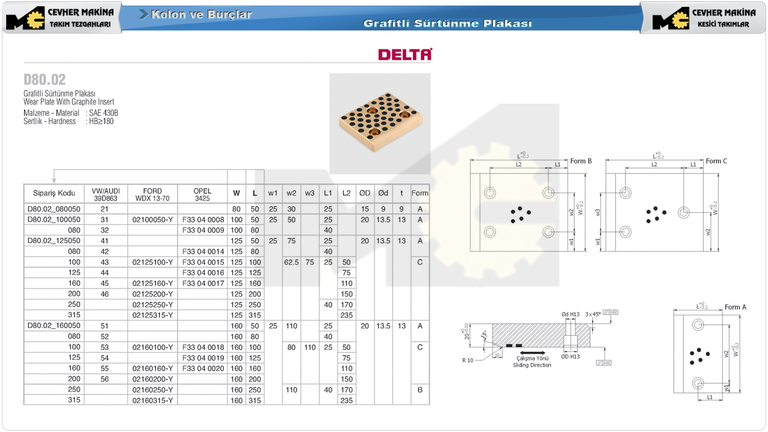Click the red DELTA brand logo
405,54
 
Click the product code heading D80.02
44,80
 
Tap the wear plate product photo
379,123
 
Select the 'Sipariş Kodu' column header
54,193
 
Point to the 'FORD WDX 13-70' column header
152,194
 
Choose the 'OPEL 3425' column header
202,194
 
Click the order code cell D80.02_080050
54,209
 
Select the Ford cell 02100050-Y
152,220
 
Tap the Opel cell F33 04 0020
203,368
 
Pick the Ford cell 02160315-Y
152,401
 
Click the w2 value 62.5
291,262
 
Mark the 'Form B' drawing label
580,161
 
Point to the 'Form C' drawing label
716,161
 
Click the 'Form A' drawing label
735,307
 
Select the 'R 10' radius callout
469,360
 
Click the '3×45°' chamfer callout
592,314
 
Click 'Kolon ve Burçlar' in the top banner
201,14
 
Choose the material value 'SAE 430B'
104,113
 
